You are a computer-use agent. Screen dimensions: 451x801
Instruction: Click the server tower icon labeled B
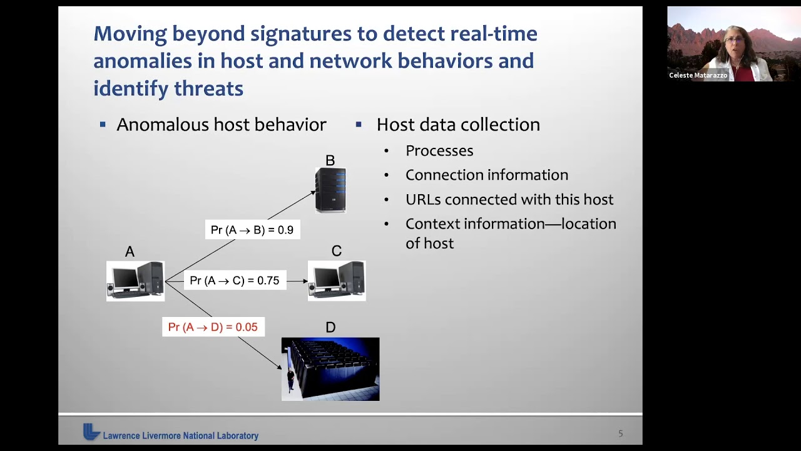330,190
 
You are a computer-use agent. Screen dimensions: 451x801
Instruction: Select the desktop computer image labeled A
135,281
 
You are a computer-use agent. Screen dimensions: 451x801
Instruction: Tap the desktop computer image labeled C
337,281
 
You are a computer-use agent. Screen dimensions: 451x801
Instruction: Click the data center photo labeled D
330,369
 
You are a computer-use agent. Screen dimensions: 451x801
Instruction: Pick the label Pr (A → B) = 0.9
252,230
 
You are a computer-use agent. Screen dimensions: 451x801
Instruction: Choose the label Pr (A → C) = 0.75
235,281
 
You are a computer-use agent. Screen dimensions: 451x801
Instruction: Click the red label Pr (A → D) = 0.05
213,327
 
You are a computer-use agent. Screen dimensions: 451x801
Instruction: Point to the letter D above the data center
330,327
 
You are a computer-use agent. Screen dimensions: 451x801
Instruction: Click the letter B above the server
330,160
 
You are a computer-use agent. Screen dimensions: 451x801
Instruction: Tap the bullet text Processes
439,151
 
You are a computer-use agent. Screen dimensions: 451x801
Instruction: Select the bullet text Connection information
487,175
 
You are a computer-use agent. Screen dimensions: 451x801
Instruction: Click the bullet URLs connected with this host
509,200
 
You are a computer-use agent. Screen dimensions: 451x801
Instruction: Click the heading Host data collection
458,125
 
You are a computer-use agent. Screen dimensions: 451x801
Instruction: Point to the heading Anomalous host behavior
221,125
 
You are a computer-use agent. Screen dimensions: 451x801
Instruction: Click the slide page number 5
621,433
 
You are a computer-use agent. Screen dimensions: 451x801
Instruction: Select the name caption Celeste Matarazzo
698,75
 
